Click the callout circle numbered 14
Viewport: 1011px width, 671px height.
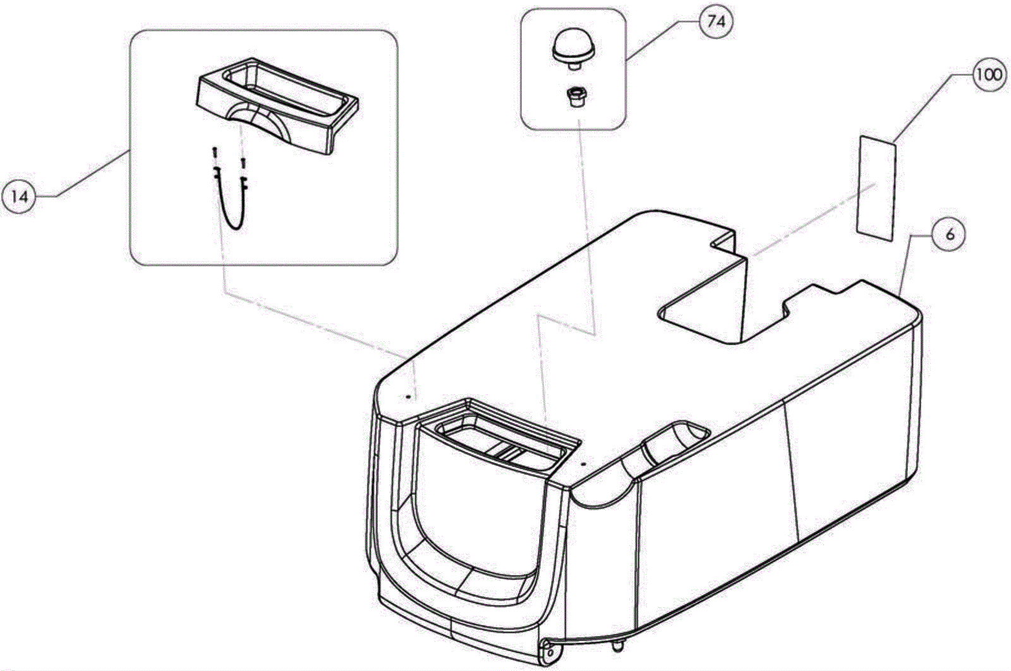point(20,197)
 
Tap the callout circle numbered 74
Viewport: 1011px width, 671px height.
point(715,23)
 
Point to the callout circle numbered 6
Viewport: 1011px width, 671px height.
point(950,234)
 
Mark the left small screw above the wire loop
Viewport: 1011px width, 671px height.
point(215,152)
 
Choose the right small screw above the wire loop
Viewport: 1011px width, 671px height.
point(243,163)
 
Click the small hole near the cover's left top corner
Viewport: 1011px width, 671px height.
point(409,396)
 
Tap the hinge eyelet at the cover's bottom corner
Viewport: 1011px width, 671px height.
point(547,651)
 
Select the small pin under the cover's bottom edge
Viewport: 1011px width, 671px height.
point(617,646)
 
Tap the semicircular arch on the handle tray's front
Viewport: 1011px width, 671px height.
point(259,120)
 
